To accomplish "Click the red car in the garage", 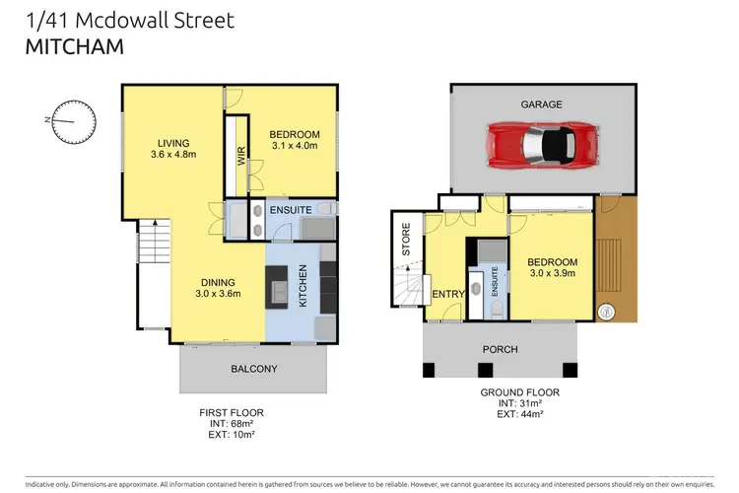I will [x=540, y=145].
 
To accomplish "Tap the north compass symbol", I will [x=74, y=121].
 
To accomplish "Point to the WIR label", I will [x=239, y=156].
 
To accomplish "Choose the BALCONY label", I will [x=253, y=369].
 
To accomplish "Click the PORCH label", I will [x=500, y=349].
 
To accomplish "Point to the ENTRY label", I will [x=447, y=293].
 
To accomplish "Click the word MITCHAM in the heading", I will [x=60, y=44].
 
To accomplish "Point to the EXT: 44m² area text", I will [x=521, y=414].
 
